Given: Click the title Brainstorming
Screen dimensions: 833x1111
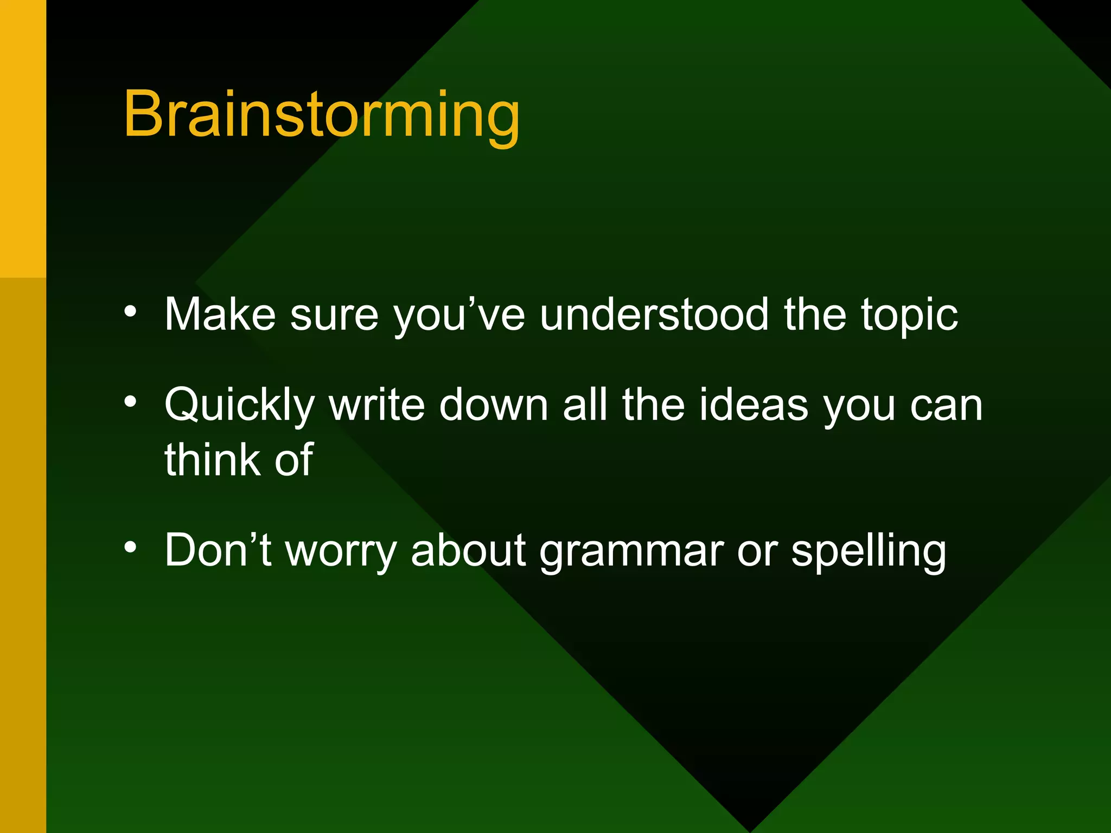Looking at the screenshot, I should point(321,115).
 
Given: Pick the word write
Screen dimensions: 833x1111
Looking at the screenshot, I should point(376,405).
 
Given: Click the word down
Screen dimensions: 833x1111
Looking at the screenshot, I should point(493,405).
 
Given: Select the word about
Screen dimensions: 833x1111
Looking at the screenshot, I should point(468,551).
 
